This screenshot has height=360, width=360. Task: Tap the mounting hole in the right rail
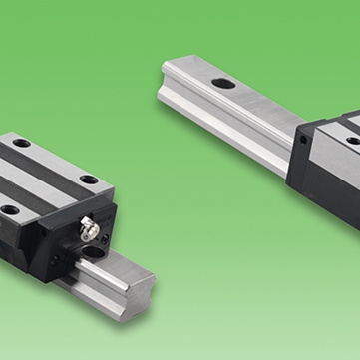tap(224, 83)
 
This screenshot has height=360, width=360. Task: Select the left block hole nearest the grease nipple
tap(89, 180)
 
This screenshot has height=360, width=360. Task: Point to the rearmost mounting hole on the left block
tap(22, 145)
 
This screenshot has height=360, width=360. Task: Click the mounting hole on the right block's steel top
tap(352, 141)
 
